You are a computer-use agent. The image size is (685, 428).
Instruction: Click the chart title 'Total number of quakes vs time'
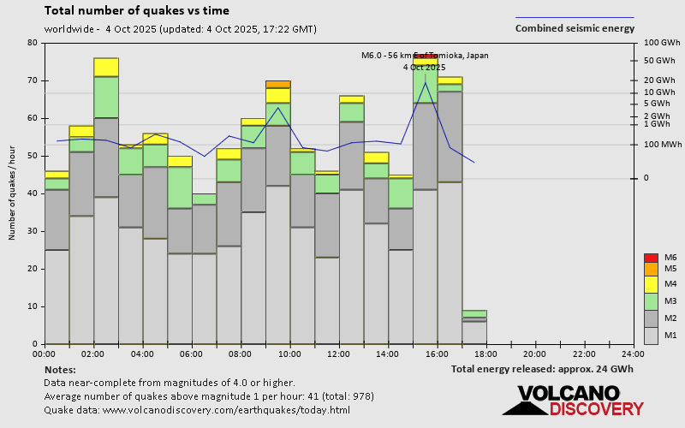point(136,11)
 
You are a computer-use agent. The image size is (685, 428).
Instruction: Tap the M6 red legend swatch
point(652,258)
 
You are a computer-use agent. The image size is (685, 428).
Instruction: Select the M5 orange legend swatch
point(652,268)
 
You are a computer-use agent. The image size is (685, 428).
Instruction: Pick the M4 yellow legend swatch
point(652,283)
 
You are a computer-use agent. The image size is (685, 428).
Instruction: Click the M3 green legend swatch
point(652,301)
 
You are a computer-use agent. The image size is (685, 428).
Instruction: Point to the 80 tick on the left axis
point(33,43)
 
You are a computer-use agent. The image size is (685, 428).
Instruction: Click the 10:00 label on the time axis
point(289,354)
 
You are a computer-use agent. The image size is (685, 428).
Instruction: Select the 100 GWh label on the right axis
point(660,43)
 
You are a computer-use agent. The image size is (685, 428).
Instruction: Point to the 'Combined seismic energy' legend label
point(575,28)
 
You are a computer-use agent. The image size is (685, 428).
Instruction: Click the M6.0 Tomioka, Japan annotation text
point(425,56)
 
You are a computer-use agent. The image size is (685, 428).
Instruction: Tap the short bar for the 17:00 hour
point(474,327)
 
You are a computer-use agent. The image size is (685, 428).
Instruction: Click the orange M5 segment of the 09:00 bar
point(278,84)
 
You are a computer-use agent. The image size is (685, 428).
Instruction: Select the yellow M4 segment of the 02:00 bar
point(106,67)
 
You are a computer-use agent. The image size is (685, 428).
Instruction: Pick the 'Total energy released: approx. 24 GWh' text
point(543,369)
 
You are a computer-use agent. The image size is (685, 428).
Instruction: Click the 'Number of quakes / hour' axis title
point(13,193)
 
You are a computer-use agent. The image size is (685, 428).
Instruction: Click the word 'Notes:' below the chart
point(60,369)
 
